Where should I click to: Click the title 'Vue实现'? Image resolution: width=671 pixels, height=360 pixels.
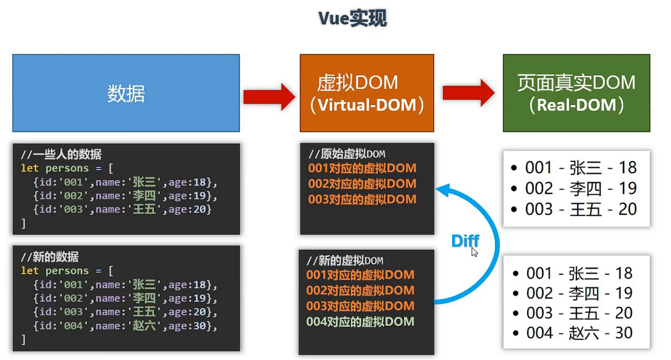(x=352, y=19)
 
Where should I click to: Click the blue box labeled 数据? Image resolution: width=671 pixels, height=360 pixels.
(x=126, y=93)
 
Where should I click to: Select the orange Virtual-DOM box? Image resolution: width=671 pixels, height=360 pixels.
(x=367, y=93)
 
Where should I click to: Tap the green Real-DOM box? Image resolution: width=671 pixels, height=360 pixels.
(x=576, y=93)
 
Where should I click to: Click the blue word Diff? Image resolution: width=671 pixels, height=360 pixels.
(x=465, y=241)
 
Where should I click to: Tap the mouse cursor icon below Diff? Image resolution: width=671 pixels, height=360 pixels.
(x=474, y=252)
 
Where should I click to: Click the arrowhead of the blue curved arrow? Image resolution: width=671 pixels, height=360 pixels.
(x=444, y=190)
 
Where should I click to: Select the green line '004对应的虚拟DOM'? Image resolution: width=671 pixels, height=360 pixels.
(x=360, y=322)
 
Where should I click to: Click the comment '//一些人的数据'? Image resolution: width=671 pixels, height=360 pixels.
(x=61, y=154)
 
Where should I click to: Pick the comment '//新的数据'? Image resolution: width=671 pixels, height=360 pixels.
(x=50, y=257)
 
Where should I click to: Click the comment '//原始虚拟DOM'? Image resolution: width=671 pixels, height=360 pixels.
(x=347, y=154)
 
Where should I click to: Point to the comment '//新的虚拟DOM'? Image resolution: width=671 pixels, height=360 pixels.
(x=345, y=261)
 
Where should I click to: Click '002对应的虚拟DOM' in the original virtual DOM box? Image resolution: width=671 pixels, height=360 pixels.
(x=362, y=184)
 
